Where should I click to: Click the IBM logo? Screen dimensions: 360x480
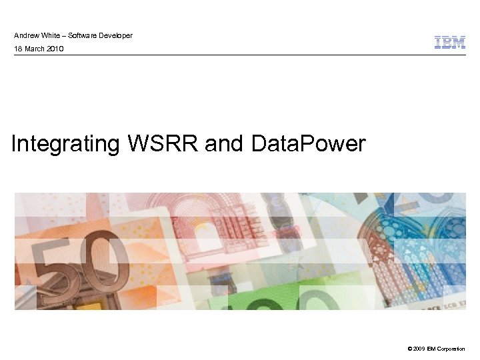point(450,43)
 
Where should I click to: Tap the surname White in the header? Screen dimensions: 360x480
point(51,35)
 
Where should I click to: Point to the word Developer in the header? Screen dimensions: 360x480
point(115,35)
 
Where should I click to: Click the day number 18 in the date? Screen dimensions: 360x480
point(18,49)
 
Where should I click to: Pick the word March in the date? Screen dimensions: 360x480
point(34,49)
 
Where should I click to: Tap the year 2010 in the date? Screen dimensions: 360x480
point(55,49)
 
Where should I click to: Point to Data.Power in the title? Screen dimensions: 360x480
point(309,143)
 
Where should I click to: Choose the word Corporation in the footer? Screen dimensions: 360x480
point(454,349)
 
